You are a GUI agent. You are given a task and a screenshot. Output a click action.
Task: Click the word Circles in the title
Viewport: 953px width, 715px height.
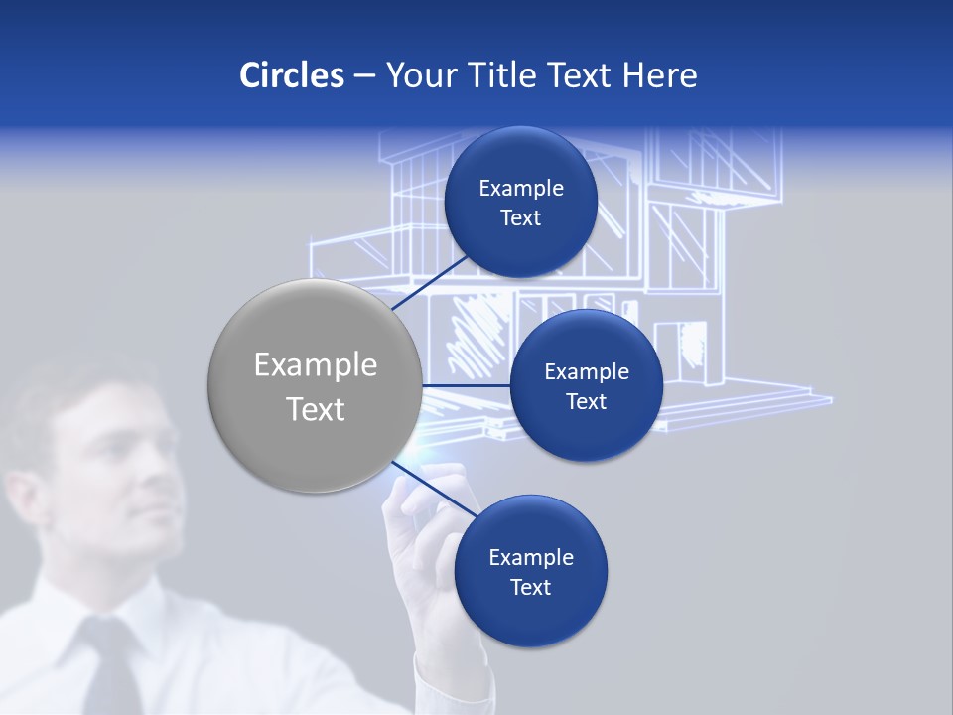pyautogui.click(x=291, y=75)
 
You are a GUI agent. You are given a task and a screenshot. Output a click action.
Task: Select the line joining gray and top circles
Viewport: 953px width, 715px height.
pyautogui.click(x=433, y=282)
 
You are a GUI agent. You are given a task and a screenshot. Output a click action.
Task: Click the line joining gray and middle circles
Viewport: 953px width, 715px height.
pyautogui.click(x=467, y=385)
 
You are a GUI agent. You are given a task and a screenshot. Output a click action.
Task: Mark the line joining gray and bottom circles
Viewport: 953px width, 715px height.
pyautogui.click(x=433, y=489)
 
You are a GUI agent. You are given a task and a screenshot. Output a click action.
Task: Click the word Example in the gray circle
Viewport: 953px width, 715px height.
pyautogui.click(x=316, y=365)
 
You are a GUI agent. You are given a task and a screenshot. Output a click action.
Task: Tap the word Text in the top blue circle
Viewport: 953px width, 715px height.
pyautogui.click(x=520, y=218)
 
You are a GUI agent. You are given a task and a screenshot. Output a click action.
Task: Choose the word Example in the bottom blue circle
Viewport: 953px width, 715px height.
pyautogui.click(x=530, y=558)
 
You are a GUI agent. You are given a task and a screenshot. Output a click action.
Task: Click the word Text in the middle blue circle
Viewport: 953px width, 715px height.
pyautogui.click(x=586, y=402)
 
